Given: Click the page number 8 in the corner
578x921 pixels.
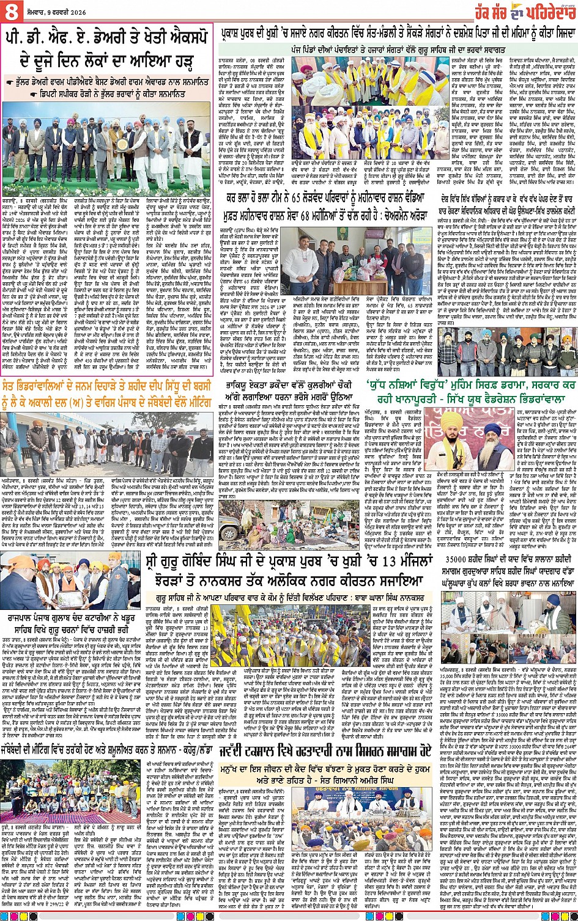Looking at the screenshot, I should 10,10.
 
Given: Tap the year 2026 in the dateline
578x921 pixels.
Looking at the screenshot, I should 75,10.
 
